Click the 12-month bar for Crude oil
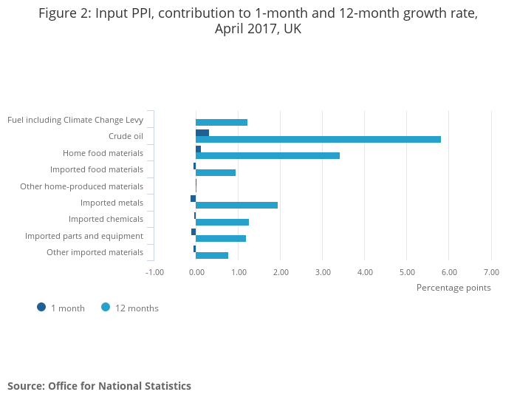tap(318, 139)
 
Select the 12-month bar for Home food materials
tap(267, 155)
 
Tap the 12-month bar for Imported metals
tap(236, 205)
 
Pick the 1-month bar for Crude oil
tap(202, 132)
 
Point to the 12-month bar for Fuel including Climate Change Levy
tap(222, 122)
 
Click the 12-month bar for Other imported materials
tap(212, 255)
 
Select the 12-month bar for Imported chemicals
tap(222, 222)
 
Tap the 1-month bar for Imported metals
tap(194, 198)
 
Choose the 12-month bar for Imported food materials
tap(216, 172)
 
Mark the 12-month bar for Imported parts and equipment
tap(221, 238)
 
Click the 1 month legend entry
tap(61, 308)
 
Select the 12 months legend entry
tap(130, 308)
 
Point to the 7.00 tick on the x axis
tap(491, 272)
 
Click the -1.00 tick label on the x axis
tap(154, 272)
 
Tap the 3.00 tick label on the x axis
tap(323, 272)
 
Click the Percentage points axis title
tap(453, 288)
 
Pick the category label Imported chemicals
tap(106, 219)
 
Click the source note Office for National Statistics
tap(99, 386)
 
